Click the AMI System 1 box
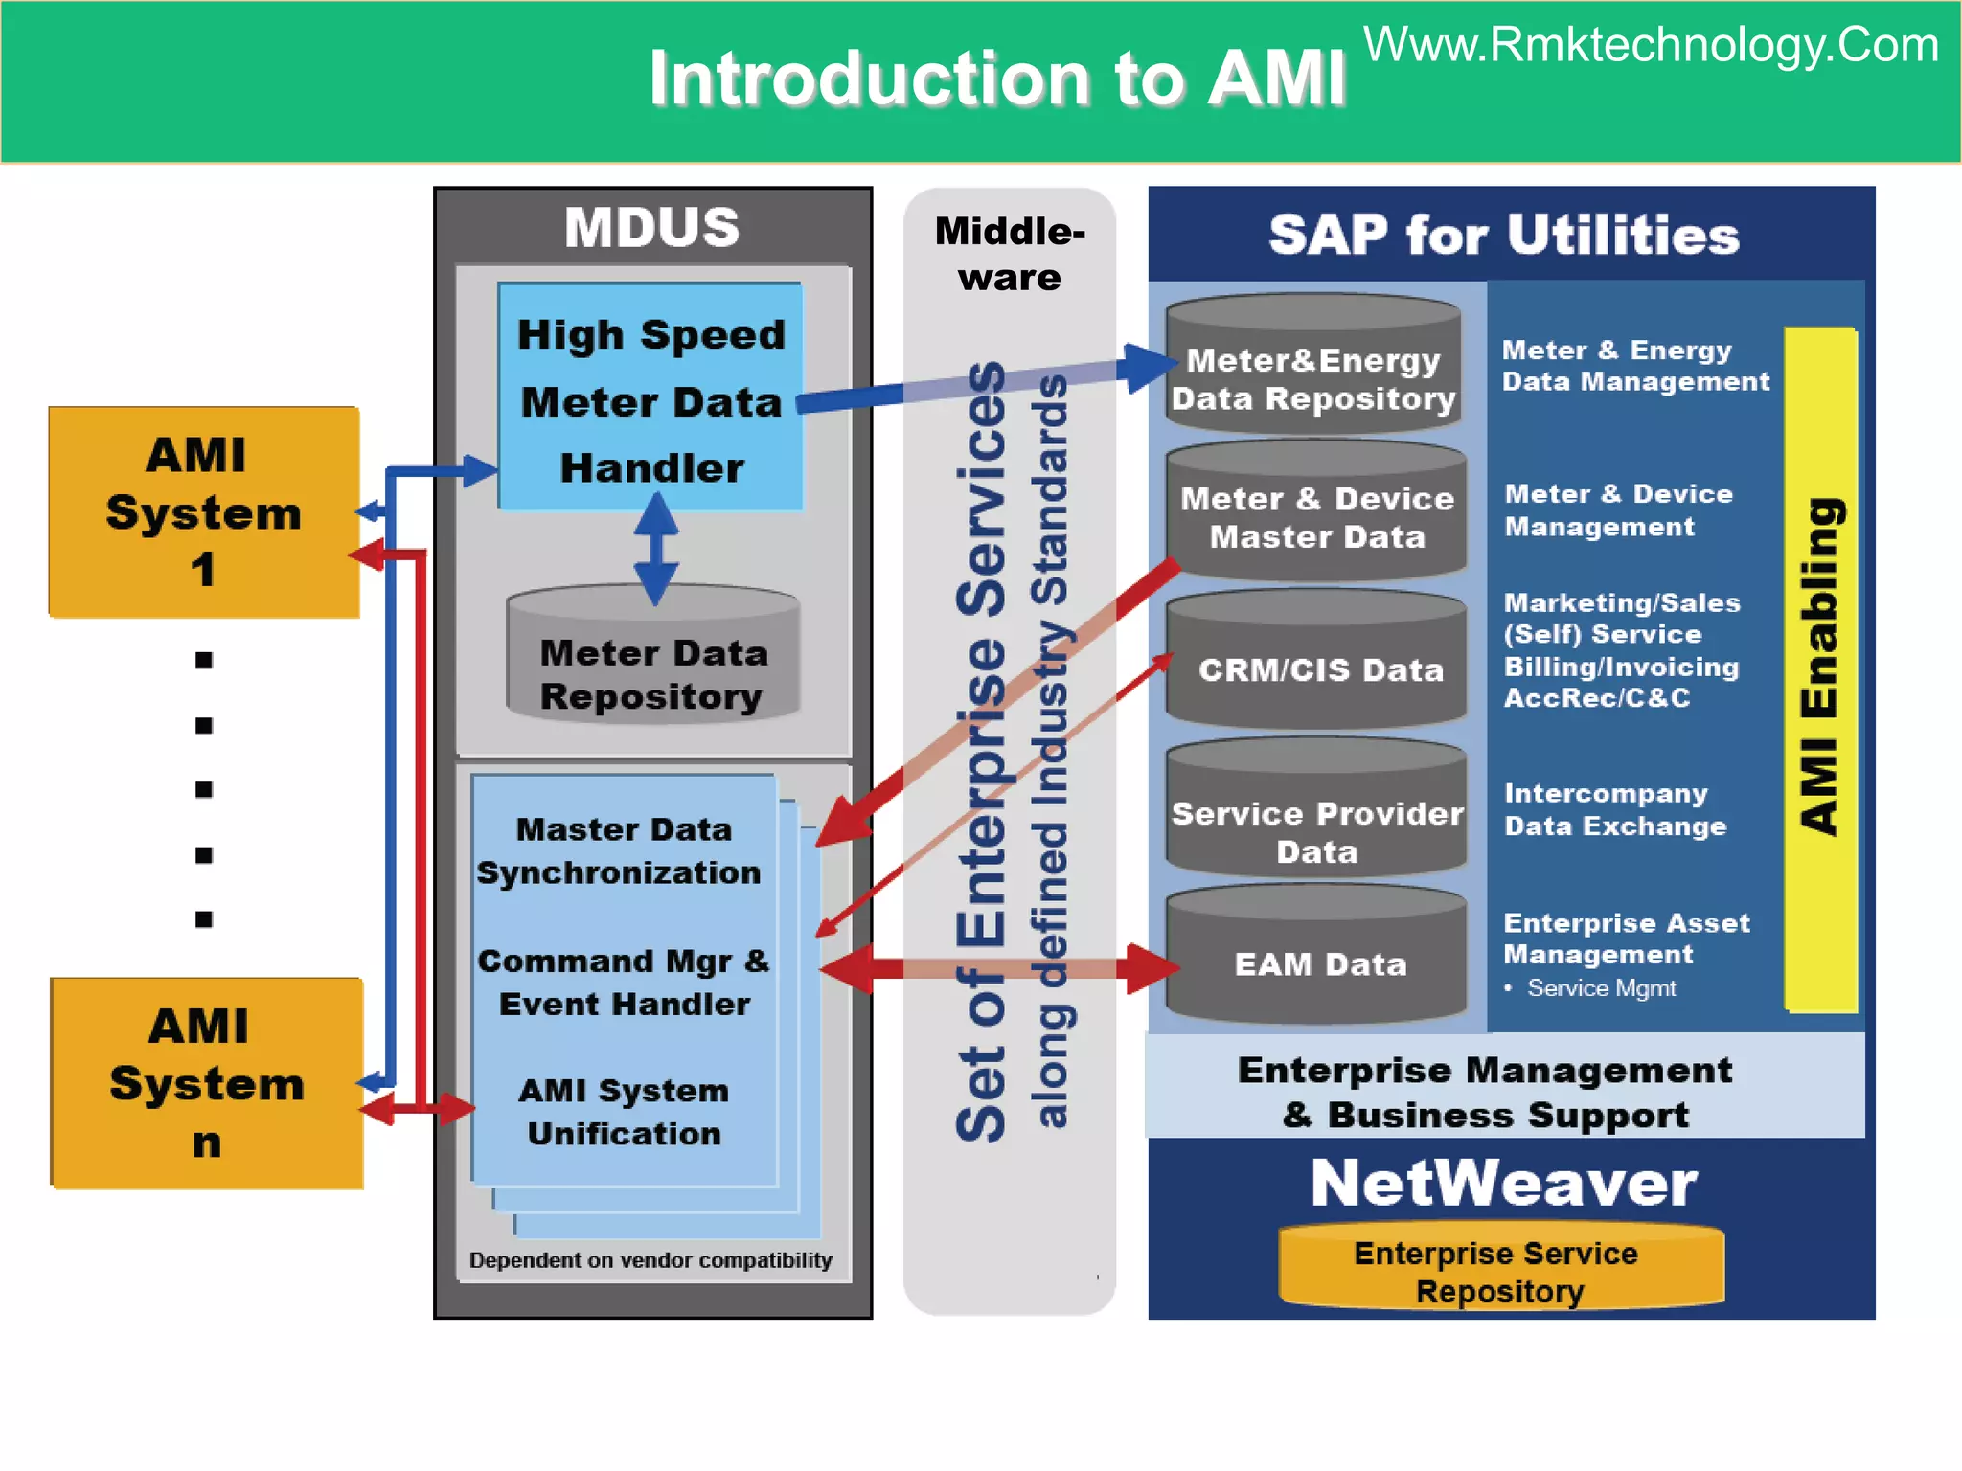[x=203, y=511]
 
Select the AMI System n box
[x=206, y=1083]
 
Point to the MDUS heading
[x=652, y=228]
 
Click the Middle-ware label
[x=1010, y=254]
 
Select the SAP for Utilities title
[x=1503, y=236]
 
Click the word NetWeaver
[x=1503, y=1184]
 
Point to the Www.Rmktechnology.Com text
[x=1651, y=45]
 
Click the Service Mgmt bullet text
[x=1601, y=988]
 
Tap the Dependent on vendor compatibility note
[x=650, y=1260]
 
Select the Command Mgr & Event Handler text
[x=624, y=982]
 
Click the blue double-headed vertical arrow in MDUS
[x=656, y=549]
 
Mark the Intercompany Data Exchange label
[x=1615, y=809]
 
